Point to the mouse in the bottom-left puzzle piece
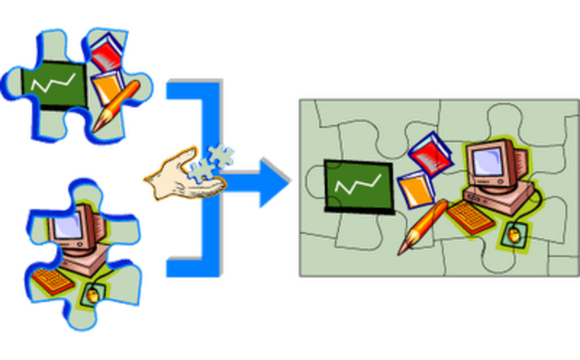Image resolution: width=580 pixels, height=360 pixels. click(92, 293)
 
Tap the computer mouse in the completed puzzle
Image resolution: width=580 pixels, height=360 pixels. click(514, 235)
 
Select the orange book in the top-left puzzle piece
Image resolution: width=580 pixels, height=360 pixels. click(109, 87)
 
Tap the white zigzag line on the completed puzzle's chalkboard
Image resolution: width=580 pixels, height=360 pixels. click(355, 186)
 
